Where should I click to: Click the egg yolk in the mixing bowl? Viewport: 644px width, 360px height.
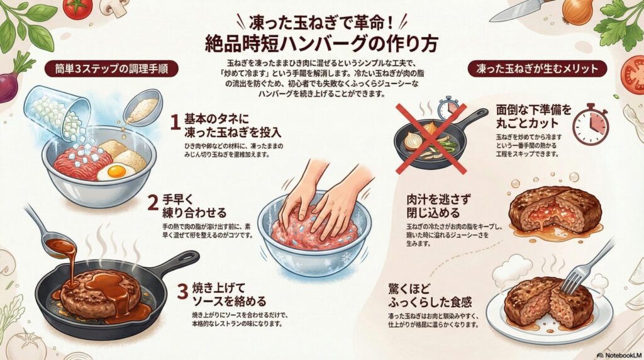[116, 171]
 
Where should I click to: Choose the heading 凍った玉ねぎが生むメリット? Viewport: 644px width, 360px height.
[536, 67]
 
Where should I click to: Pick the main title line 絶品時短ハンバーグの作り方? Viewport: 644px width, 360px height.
[321, 43]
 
